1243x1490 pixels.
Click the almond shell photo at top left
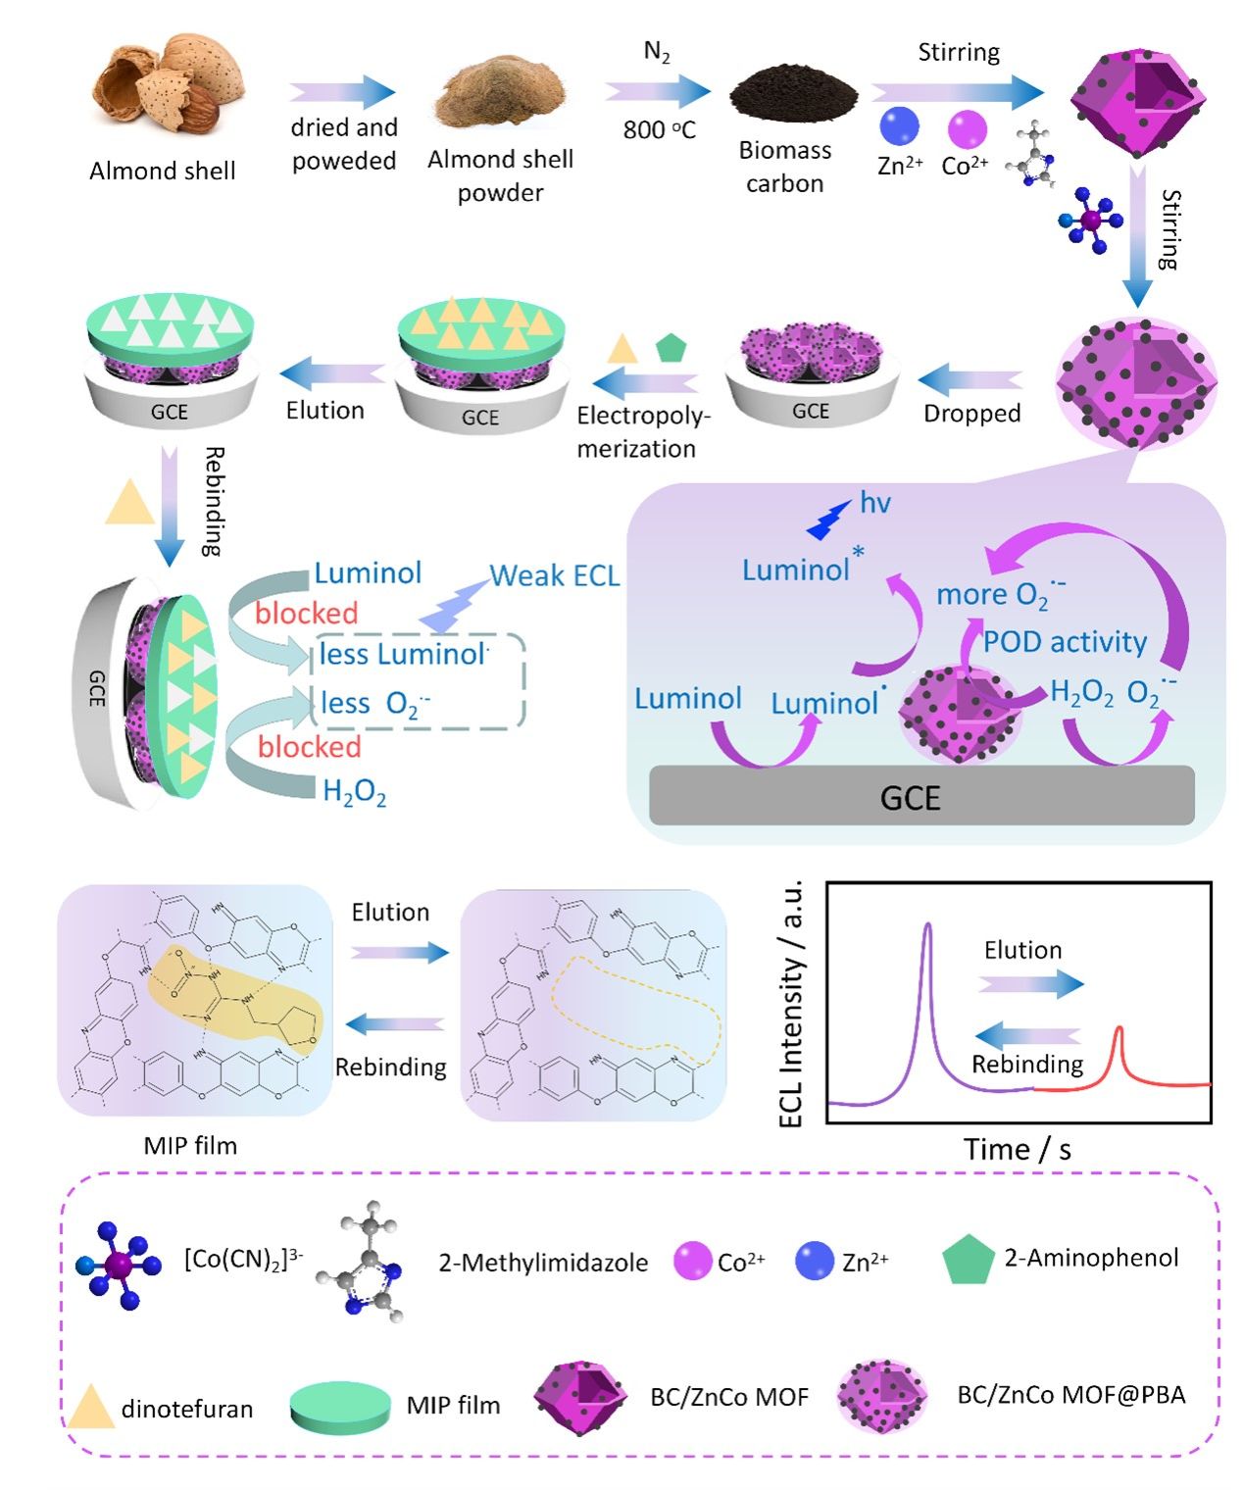pos(167,83)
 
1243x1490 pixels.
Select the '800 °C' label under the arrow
pos(659,129)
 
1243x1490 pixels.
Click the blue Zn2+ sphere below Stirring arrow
pos(899,126)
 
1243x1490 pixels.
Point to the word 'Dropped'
pos(971,414)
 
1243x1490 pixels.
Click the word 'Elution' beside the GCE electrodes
pos(324,411)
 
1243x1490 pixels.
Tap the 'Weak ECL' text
pos(554,575)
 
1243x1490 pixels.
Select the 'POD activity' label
pos(1065,642)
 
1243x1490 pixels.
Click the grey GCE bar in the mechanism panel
pos(921,796)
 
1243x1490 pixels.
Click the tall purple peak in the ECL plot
pos(927,941)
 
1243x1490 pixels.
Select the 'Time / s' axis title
pos(1017,1149)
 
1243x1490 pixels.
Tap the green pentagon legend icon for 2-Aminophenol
pos(968,1261)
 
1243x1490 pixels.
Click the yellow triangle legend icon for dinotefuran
pos(90,1408)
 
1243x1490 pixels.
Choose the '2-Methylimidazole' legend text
pos(543,1263)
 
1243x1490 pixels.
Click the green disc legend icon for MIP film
pos(340,1406)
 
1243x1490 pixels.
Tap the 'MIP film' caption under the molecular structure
pos(190,1145)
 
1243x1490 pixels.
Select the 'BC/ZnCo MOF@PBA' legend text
pos(1070,1395)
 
